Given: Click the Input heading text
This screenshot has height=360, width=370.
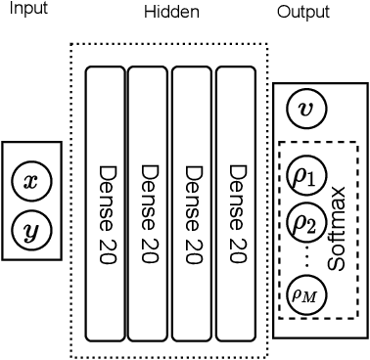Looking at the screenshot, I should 27,9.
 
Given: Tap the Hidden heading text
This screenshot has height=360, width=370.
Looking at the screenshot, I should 171,12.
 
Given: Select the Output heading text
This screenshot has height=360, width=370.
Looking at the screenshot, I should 302,12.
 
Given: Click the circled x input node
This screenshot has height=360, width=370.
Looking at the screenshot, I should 31,181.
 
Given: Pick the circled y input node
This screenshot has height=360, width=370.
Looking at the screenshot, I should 31,231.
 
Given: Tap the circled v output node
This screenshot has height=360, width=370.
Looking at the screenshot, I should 306,109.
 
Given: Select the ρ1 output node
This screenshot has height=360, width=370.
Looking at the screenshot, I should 305,177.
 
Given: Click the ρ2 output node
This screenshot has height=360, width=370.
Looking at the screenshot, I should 305,223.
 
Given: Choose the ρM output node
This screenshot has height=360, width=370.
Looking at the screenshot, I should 305,292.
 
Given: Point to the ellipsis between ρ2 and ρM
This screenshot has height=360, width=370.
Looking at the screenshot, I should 306,257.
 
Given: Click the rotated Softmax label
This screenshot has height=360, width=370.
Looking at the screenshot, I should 337,229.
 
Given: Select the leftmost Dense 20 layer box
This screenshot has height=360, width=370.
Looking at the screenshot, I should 105,203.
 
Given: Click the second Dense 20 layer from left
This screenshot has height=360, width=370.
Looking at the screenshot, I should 148,203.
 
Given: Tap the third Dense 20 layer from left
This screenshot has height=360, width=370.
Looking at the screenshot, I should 192,203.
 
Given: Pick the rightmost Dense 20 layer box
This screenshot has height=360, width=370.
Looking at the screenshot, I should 236,203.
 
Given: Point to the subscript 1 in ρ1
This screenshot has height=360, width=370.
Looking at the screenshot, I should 311,181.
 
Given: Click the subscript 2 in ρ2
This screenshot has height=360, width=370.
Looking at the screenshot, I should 311,227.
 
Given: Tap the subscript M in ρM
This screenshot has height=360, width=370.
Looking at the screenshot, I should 310,295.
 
